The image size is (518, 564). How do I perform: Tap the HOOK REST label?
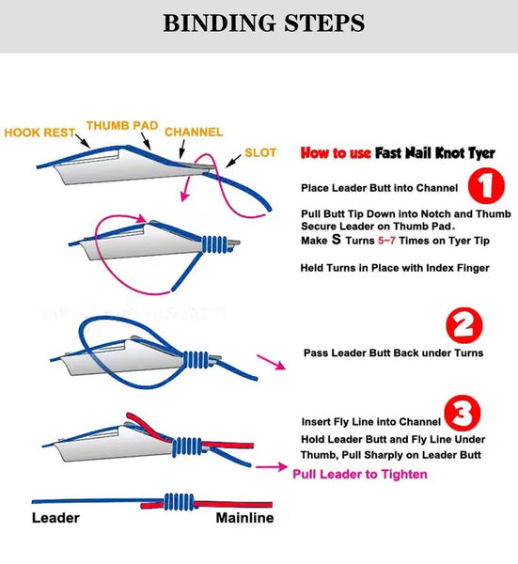[x=40, y=133]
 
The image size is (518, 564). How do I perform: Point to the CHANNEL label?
[x=194, y=133]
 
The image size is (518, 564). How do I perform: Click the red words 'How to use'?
[x=334, y=152]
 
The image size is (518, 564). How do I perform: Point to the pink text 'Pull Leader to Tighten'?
[x=359, y=474]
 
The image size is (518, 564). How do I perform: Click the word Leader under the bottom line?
[x=55, y=517]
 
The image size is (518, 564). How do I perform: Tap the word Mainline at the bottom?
[x=244, y=517]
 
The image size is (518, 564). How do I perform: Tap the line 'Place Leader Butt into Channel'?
[x=379, y=187]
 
